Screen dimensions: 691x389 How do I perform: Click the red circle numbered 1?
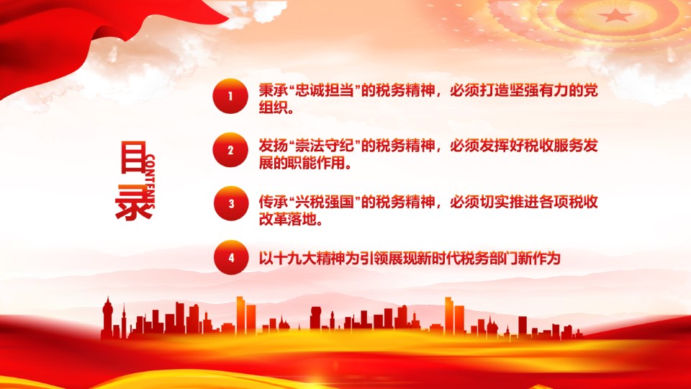point(230,96)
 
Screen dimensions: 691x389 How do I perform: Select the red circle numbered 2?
point(230,150)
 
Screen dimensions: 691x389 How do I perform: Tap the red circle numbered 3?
point(231,203)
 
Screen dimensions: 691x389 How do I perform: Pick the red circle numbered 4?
point(231,258)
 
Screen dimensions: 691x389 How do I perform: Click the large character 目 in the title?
point(132,157)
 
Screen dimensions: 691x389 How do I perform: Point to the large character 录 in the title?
point(133,202)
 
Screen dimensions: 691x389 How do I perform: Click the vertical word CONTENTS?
point(150,182)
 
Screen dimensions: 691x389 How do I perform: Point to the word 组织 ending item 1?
point(274,107)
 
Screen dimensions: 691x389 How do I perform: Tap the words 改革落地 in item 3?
point(288,219)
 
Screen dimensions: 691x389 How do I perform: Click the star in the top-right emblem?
point(615,16)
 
